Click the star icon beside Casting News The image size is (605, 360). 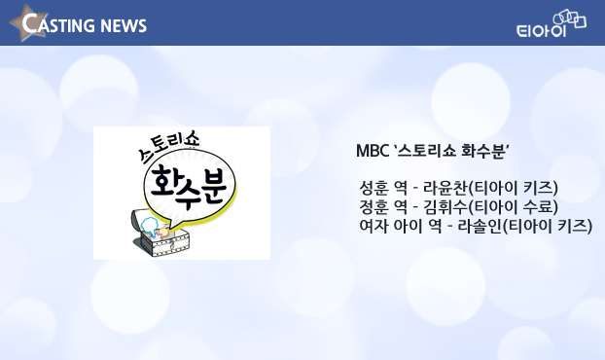tap(28, 23)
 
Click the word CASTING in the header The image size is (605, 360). tap(59, 23)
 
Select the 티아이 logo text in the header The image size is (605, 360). tap(541, 30)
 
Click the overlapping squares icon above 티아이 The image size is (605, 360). tap(570, 18)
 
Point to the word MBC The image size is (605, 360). tap(373, 151)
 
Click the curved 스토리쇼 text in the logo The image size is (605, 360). tap(169, 147)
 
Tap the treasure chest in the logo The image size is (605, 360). tap(160, 234)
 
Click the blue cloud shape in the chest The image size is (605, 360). tap(149, 226)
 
